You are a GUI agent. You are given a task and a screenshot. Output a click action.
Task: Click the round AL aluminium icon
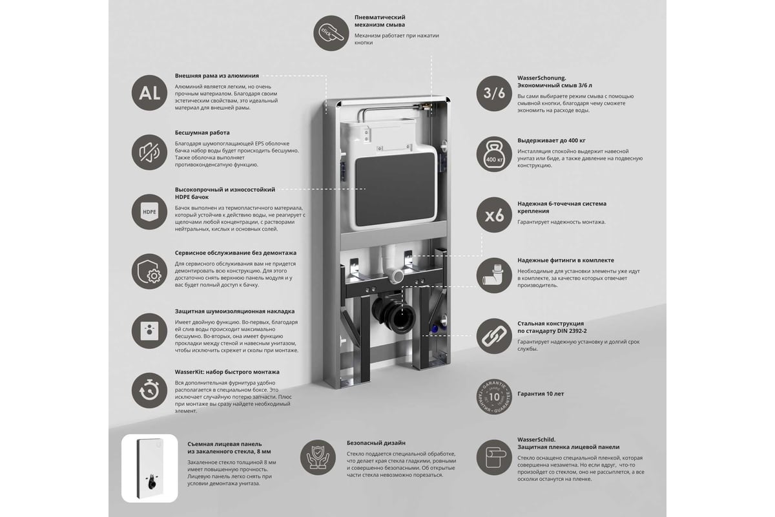coord(149,93)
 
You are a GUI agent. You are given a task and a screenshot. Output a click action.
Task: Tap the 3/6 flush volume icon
coord(494,93)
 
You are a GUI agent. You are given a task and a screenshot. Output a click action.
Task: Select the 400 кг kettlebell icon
coord(494,154)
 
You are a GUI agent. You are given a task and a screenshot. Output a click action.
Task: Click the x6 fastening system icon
coord(494,215)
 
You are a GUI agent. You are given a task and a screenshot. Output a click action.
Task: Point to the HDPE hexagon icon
coord(149,211)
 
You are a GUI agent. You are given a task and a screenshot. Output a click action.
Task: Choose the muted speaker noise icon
coord(149,153)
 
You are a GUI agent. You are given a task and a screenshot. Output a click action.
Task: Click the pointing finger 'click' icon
coord(331,33)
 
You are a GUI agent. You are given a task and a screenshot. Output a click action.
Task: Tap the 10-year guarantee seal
coord(494,396)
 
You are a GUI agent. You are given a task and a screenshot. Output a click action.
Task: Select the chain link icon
coord(494,336)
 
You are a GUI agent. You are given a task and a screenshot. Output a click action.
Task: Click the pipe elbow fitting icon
coord(494,275)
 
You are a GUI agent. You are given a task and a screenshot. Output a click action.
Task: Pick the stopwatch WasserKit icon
coord(149,390)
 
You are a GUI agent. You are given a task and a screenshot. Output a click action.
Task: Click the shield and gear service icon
coord(149,271)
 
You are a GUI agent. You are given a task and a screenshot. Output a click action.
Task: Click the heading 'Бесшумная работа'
coord(202,132)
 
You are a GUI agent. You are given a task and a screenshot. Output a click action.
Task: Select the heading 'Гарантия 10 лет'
coord(541,394)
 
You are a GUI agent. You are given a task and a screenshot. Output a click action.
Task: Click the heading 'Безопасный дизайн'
coord(376,443)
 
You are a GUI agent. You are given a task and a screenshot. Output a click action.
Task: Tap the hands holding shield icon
coord(318,457)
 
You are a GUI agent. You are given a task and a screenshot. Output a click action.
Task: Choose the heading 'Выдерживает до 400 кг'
coord(552,141)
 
